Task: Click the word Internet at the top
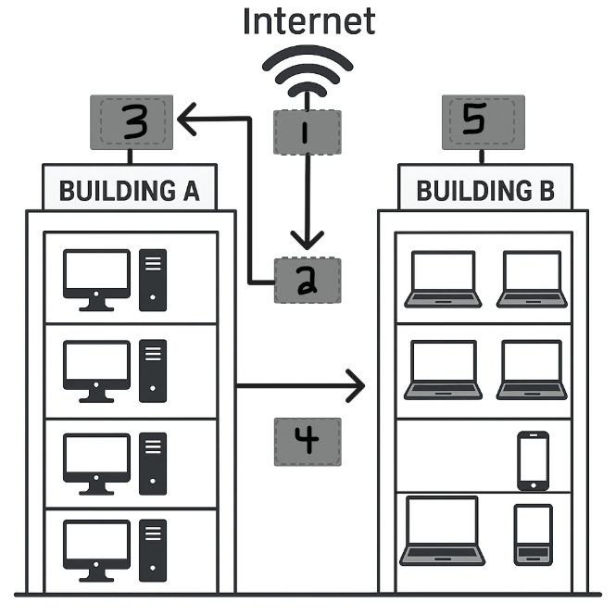(308, 19)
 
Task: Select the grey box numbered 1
(308, 132)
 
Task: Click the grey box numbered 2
(308, 281)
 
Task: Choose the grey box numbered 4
(308, 441)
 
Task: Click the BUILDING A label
(130, 191)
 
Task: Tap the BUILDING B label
(485, 191)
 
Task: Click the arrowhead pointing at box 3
(184, 118)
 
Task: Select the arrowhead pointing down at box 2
(308, 242)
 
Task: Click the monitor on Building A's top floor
(95, 279)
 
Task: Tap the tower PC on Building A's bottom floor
(152, 550)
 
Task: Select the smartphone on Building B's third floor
(533, 460)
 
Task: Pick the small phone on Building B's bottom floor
(533, 533)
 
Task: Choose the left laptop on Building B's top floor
(443, 279)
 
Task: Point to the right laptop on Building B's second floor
(531, 370)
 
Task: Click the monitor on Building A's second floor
(95, 370)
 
